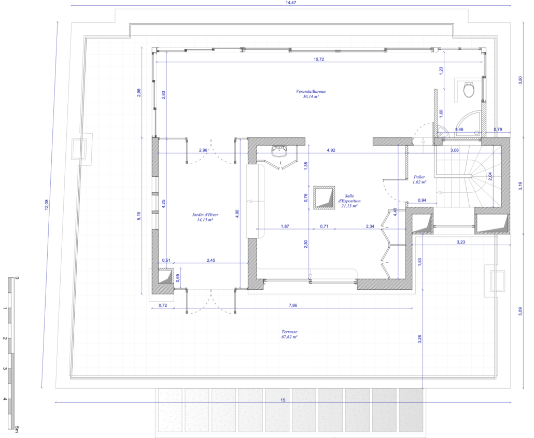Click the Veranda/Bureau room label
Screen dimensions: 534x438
[311, 91]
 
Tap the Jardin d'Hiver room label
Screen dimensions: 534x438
[205, 215]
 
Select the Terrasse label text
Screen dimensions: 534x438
[289, 332]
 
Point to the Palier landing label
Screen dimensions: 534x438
[419, 177]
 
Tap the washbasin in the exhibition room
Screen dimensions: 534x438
[280, 152]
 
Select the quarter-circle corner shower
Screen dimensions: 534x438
[469, 123]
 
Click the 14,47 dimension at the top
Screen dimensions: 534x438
[291, 3]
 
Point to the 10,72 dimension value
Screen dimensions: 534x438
[319, 59]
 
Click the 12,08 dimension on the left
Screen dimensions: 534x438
[47, 205]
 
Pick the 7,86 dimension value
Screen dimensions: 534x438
[293, 305]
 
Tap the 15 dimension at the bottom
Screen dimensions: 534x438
[283, 400]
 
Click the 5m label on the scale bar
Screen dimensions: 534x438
[17, 429]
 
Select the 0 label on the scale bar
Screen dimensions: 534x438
[17, 278]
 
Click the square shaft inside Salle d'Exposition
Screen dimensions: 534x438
[324, 197]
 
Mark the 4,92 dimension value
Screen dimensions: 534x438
[331, 150]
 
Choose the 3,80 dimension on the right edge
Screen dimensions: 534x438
[520, 80]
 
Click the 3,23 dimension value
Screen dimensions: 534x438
[461, 242]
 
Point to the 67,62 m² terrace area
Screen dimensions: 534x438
[289, 337]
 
